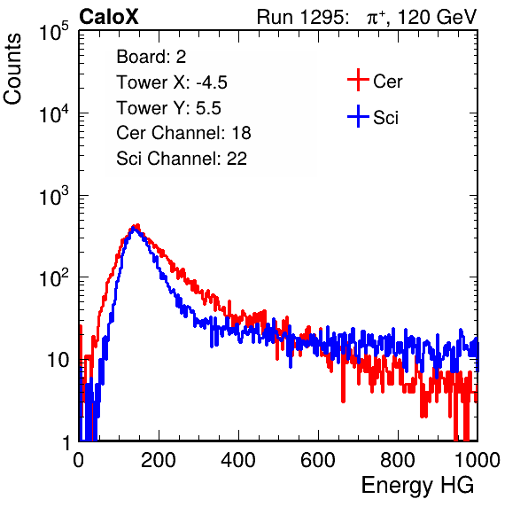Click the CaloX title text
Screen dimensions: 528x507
(x=109, y=17)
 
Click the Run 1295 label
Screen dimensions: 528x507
(x=302, y=17)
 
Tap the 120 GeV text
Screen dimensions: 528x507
(x=437, y=17)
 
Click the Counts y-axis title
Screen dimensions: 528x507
(x=12, y=69)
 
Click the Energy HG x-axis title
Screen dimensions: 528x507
(x=417, y=486)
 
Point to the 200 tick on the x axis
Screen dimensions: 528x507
(x=159, y=460)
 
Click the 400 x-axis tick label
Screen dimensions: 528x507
(x=238, y=460)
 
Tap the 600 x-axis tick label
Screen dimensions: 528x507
(x=318, y=460)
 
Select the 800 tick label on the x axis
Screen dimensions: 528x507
(x=398, y=460)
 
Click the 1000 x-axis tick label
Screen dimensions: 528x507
(x=478, y=460)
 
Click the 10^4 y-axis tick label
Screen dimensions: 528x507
(x=54, y=113)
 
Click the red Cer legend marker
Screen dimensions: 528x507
(x=358, y=80)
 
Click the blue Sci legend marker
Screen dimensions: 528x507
(x=358, y=117)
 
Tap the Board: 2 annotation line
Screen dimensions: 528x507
(x=151, y=57)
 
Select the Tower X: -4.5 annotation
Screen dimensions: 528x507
(x=172, y=82)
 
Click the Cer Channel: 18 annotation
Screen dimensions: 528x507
(x=183, y=133)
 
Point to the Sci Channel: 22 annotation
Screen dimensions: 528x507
(x=182, y=159)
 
